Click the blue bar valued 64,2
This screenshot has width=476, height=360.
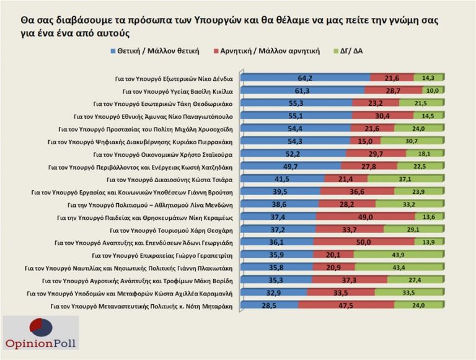coord(305,77)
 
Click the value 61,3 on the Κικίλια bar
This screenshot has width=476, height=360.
coord(302,90)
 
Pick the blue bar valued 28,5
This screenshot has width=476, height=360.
coord(269,305)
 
